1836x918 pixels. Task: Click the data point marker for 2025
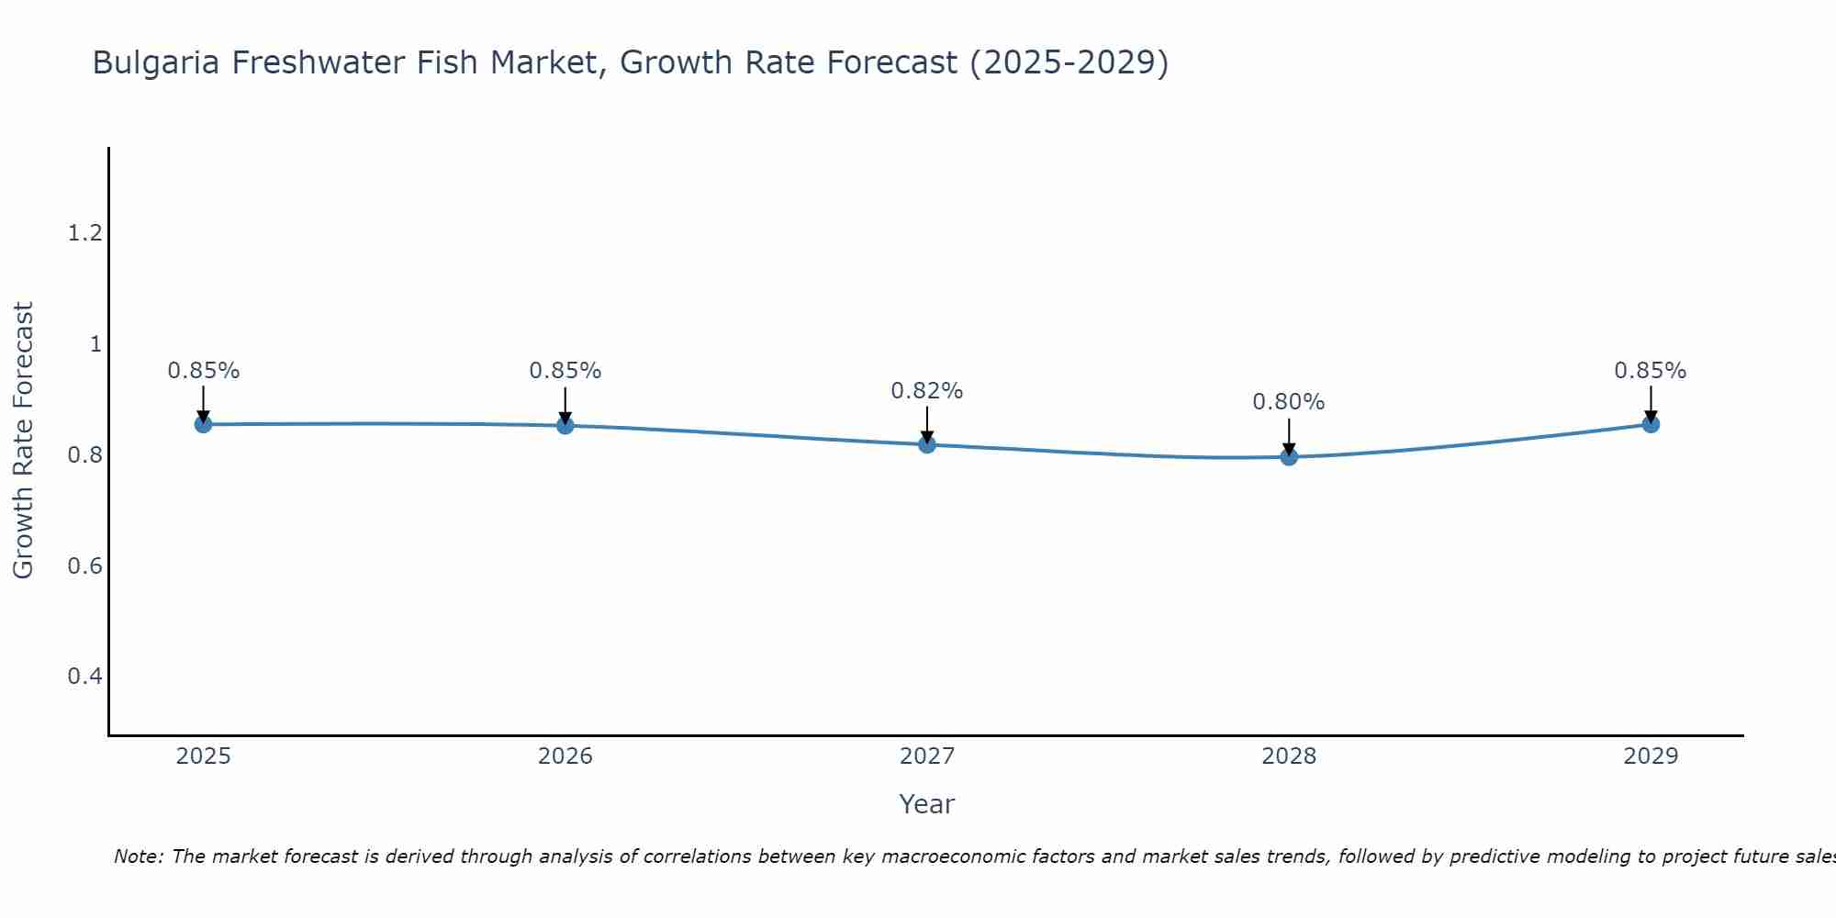tap(204, 424)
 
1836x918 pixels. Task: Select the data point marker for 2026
tap(565, 425)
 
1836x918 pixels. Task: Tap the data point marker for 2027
tap(927, 444)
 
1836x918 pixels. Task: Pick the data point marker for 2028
tap(1289, 456)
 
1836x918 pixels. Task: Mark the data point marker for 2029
tap(1651, 424)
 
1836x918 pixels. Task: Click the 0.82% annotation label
tap(927, 391)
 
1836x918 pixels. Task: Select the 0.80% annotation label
tap(1289, 402)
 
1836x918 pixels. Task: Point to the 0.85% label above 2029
tap(1651, 371)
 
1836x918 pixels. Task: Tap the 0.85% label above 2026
tap(565, 371)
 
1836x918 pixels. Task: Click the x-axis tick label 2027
tap(927, 756)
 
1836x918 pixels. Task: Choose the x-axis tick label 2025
tap(204, 756)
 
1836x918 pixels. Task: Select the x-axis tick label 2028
tap(1289, 756)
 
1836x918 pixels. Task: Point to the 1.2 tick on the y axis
tap(84, 233)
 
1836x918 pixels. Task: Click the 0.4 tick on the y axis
tap(84, 677)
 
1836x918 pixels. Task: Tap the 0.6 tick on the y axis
tap(84, 565)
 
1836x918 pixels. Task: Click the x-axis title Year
tap(927, 804)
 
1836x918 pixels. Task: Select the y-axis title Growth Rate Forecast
tap(23, 441)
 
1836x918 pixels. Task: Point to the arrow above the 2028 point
tap(1289, 437)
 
